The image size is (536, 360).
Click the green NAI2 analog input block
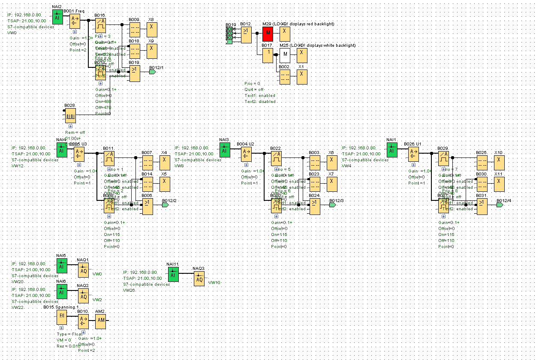coord(57,17)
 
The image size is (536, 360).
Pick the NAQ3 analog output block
coord(199,279)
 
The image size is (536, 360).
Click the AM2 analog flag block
coord(100,320)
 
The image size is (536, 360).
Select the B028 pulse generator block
coord(70,116)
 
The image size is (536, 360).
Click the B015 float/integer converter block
coord(62,318)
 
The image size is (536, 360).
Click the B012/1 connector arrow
coord(152,72)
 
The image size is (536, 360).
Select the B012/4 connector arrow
coord(499,205)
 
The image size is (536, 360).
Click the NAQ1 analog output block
coord(83,270)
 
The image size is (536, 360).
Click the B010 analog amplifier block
coord(83,320)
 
